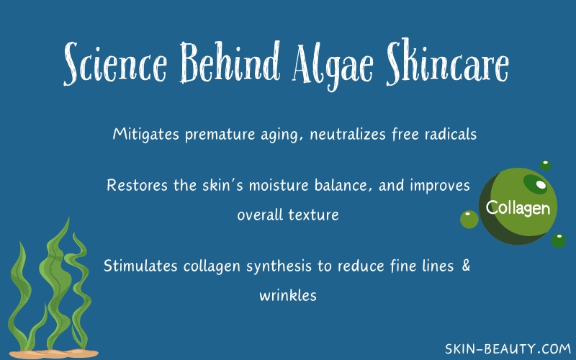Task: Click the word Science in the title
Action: (115, 63)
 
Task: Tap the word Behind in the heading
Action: (230, 61)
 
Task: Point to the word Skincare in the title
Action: (447, 61)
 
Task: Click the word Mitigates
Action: (146, 134)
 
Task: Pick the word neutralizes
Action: (348, 134)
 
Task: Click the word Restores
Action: (137, 185)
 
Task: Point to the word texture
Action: (313, 215)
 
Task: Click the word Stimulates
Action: (140, 266)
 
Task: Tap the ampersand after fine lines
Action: (466, 266)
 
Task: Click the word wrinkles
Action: (288, 295)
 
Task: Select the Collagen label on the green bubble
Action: (518, 208)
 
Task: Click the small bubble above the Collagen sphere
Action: (545, 166)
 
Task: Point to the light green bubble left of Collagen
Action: (469, 220)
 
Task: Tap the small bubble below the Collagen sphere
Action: (559, 240)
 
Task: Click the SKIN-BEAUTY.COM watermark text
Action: (508, 348)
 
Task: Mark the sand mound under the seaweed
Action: (53, 354)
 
